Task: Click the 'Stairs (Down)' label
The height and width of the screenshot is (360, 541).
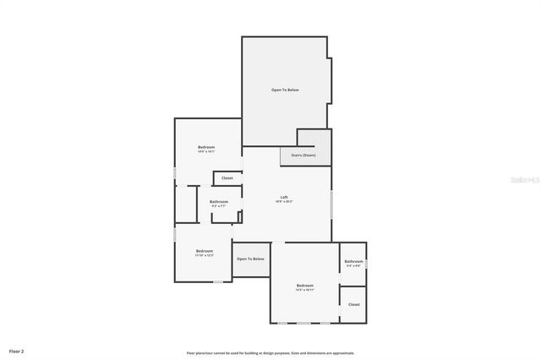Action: coord(303,155)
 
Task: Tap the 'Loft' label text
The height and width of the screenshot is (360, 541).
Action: coord(284,198)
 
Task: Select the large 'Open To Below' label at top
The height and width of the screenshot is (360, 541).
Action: coord(285,90)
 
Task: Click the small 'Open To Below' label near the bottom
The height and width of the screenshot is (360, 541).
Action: coord(250,259)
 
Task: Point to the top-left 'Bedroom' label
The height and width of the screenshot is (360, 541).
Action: coord(206,148)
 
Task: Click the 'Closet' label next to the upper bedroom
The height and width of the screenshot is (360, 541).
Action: coord(227,178)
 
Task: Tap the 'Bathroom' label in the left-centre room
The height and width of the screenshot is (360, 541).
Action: coord(219,201)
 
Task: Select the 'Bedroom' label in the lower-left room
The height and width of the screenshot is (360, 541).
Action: coord(204,250)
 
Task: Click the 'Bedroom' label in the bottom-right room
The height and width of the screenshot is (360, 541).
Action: coord(305,286)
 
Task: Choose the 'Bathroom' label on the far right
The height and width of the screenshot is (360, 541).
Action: coord(353,261)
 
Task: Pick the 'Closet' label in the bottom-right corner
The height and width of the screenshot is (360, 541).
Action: coord(353,304)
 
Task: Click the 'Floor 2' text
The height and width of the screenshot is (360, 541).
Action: coord(17,350)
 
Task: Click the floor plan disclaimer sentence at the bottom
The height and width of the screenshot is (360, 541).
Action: coord(270,352)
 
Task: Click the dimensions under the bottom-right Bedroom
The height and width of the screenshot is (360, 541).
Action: coord(305,290)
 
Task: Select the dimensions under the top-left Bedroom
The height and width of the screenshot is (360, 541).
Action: coord(206,152)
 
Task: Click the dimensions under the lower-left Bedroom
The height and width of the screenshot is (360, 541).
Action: coord(204,255)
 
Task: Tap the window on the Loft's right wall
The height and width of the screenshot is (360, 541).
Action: coord(331,203)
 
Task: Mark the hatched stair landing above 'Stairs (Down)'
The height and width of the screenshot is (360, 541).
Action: coord(313,138)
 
